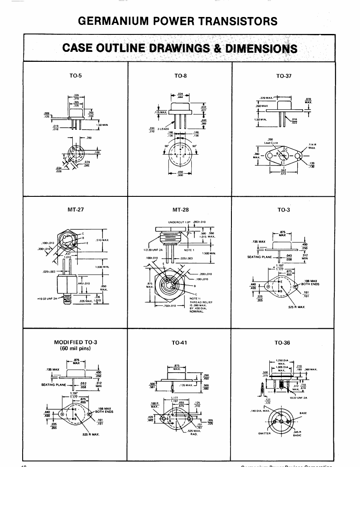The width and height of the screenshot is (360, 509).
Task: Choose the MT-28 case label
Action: click(x=180, y=209)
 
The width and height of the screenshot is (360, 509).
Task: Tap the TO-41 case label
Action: click(x=180, y=343)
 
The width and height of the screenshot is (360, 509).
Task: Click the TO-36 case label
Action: click(x=283, y=343)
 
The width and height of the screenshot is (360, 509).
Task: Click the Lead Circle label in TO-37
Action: click(x=270, y=142)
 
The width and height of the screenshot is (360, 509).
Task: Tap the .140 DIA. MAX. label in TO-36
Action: click(x=259, y=410)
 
